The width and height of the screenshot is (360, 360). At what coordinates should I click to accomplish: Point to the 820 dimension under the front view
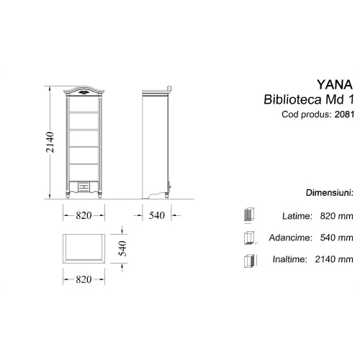(85, 215)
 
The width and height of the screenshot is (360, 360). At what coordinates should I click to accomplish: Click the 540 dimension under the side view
(157, 215)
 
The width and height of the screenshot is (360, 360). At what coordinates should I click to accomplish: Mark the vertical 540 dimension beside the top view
(123, 249)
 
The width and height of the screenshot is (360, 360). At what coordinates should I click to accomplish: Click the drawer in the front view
(85, 187)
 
